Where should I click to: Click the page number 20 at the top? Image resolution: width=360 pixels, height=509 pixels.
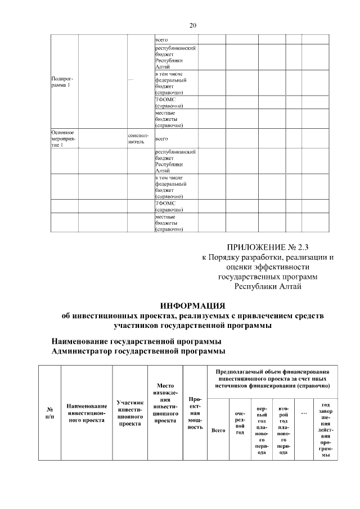click(193, 25)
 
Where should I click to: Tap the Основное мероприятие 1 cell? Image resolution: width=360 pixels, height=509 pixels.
click(62, 138)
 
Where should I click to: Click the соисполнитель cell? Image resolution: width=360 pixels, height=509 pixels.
click(139, 139)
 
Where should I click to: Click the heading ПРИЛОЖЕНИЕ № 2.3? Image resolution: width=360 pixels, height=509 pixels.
click(268, 246)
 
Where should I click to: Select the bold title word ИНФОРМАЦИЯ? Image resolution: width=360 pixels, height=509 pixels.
click(192, 306)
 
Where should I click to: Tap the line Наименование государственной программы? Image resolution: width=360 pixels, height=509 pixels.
click(136, 341)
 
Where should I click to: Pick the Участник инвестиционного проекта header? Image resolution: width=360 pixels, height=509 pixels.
click(129, 413)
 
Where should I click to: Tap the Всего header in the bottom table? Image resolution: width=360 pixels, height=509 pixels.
click(218, 430)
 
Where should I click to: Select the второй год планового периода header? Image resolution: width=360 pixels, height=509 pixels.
click(283, 430)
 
